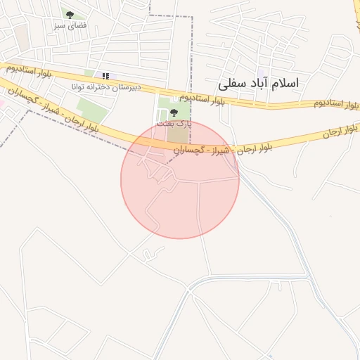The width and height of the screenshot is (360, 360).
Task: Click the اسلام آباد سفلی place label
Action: (x=258, y=83)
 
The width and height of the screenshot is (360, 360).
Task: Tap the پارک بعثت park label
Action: (x=174, y=123)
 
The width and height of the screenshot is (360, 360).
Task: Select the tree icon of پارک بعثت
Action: (x=174, y=112)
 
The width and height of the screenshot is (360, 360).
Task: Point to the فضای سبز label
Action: (x=69, y=25)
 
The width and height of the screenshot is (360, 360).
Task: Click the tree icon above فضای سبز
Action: (x=69, y=14)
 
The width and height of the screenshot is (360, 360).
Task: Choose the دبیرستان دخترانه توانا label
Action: (x=106, y=86)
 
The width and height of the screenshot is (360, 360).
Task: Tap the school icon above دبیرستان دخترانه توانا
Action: (x=105, y=75)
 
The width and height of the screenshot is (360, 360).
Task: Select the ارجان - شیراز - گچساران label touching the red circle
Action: (x=211, y=150)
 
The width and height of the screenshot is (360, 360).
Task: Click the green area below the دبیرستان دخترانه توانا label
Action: (x=92, y=108)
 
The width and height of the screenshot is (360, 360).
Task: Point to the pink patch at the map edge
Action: (x=2, y=103)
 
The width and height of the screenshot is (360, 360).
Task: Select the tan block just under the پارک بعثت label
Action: (x=177, y=134)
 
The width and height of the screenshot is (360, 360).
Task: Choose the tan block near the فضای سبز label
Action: (x=24, y=39)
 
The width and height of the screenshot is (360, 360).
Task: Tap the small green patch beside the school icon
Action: (x=89, y=73)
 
